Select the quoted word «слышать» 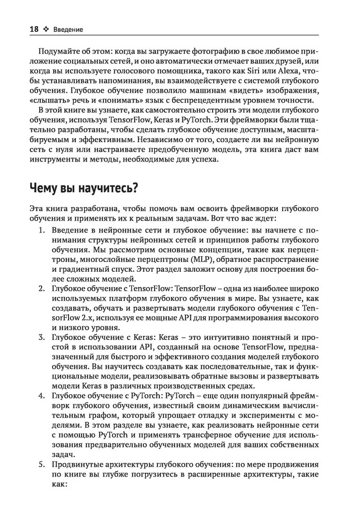(52, 100)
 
